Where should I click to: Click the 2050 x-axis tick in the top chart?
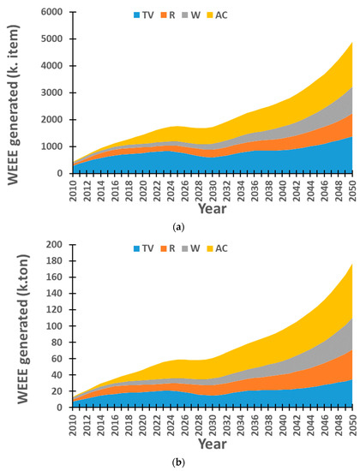click(349, 188)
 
